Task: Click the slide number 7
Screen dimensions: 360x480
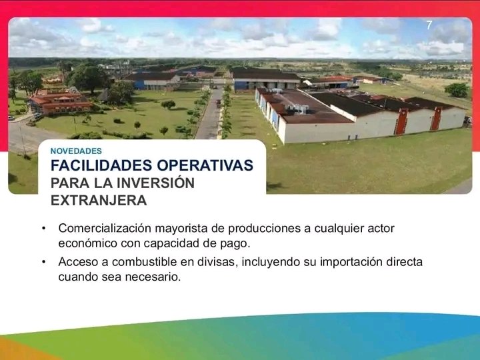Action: click(x=429, y=25)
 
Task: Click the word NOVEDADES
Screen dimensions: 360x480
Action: click(x=77, y=151)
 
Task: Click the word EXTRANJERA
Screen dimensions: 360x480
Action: click(x=99, y=199)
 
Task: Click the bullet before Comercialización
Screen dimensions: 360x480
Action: click(x=43, y=229)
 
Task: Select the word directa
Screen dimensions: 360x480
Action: click(x=405, y=262)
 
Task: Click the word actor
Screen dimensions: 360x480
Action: click(x=381, y=229)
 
